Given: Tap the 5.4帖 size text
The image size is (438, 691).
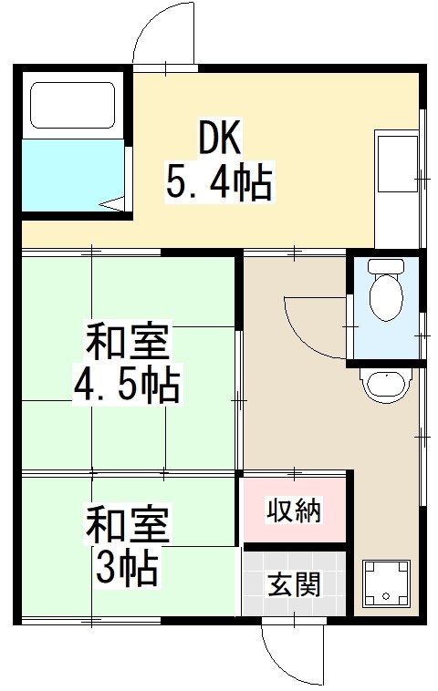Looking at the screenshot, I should click(x=218, y=182).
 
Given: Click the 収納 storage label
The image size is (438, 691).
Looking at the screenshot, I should click(x=294, y=511).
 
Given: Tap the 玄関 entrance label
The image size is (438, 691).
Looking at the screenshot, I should click(x=294, y=583).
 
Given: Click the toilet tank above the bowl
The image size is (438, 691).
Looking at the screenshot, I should click(x=386, y=268).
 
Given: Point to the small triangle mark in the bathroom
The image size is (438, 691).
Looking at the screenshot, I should click(x=115, y=205).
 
